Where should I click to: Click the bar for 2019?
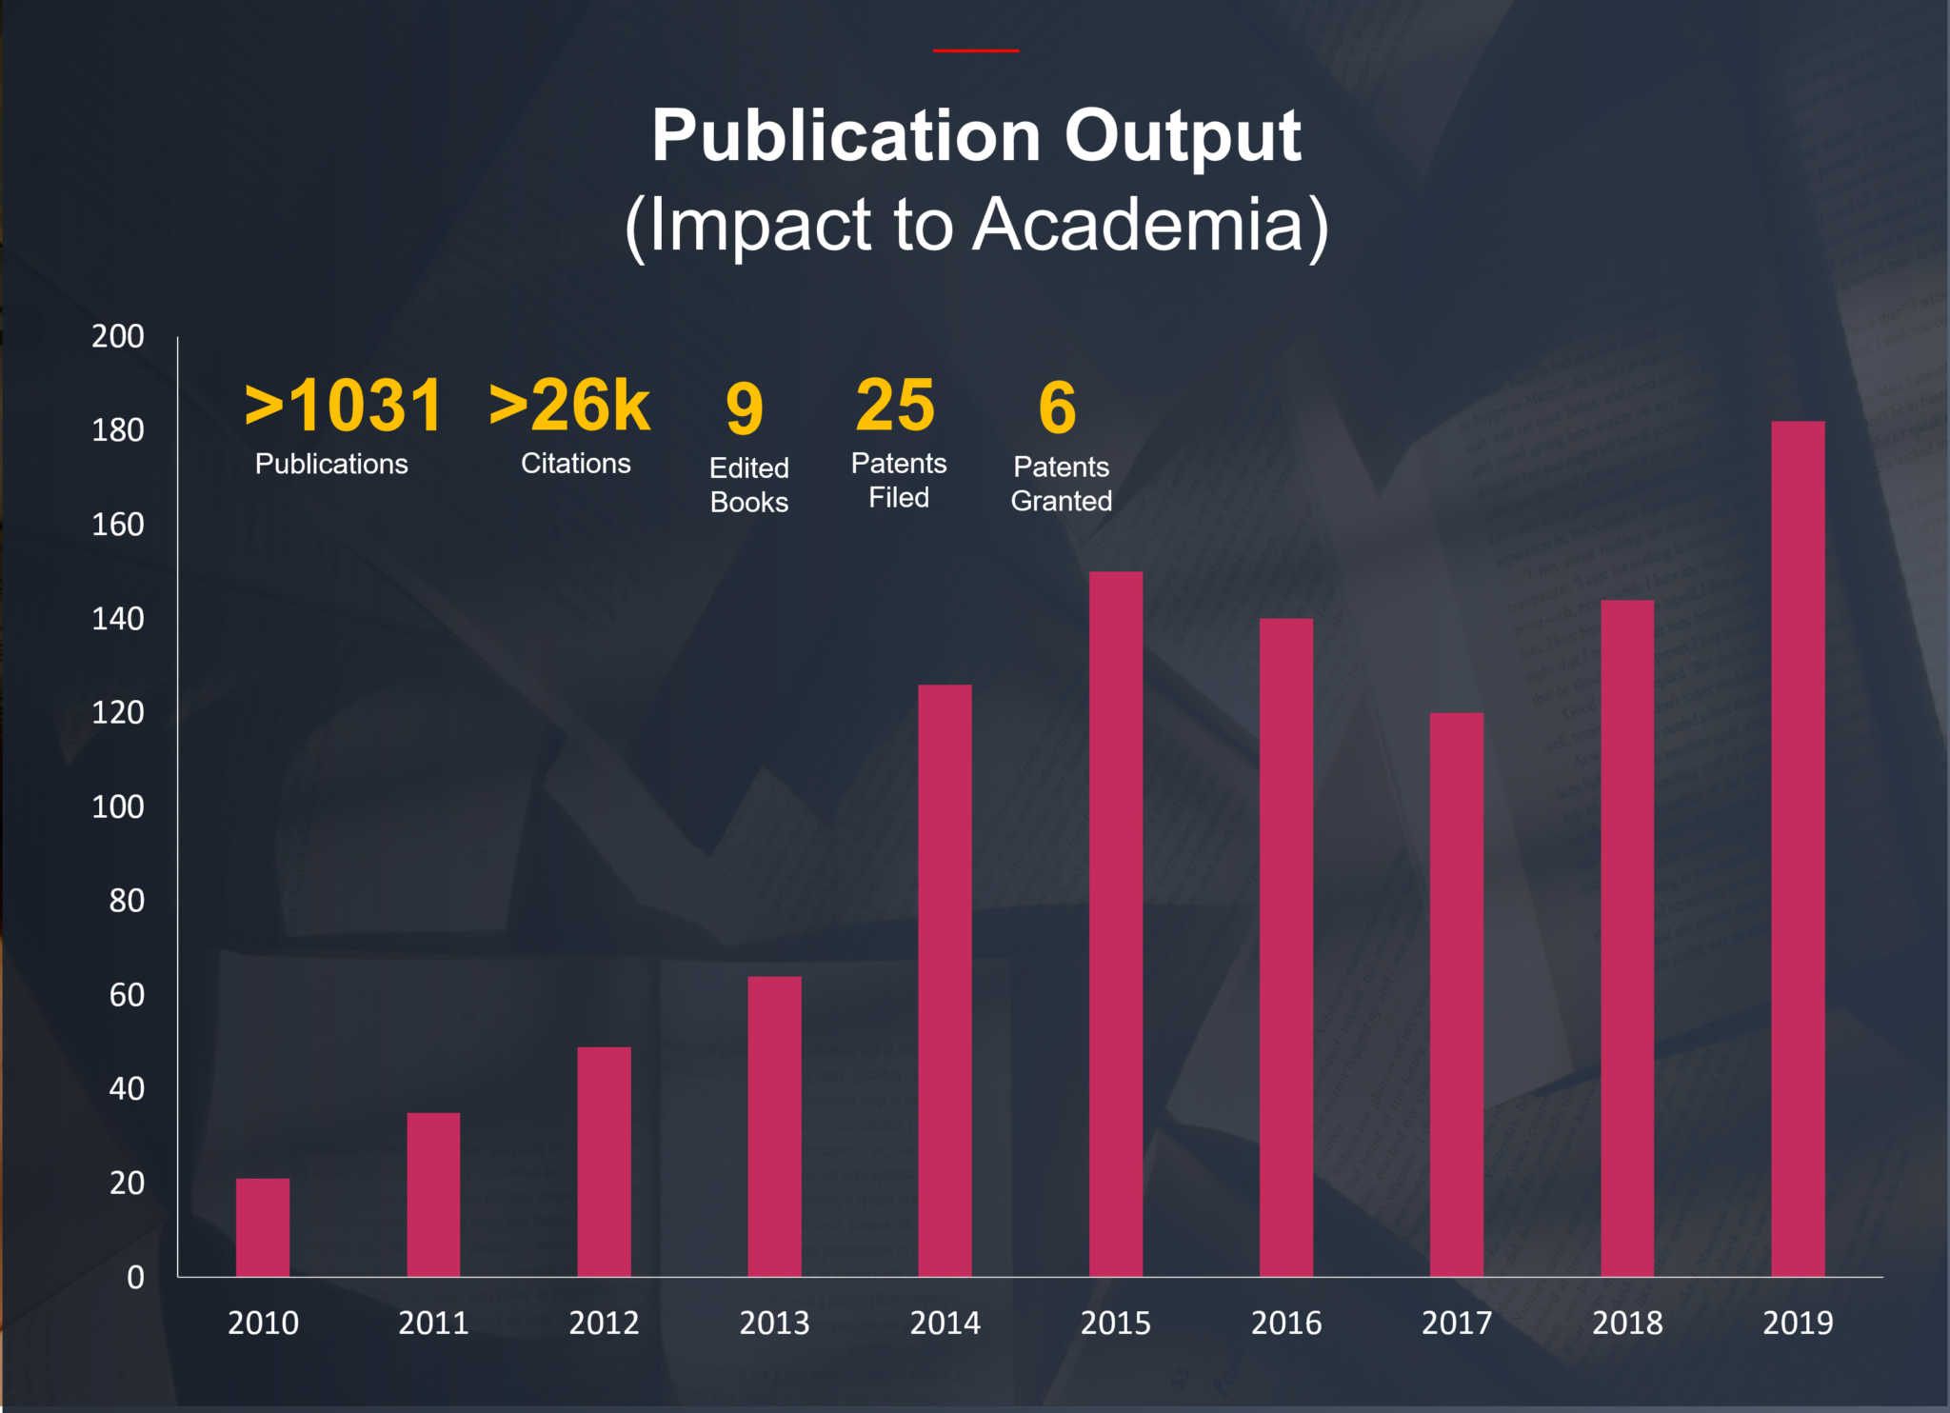[1798, 847]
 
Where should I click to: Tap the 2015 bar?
[1115, 924]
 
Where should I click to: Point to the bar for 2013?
[774, 1125]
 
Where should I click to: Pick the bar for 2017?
[1456, 994]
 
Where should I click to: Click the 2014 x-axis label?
[945, 1323]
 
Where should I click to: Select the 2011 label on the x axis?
[433, 1323]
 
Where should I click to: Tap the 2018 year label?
[1627, 1323]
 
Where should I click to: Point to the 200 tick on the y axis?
[118, 336]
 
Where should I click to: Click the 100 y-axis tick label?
[118, 806]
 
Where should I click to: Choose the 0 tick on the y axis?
[135, 1277]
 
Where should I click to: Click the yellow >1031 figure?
[344, 406]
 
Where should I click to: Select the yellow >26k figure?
[569, 406]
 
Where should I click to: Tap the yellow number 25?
[895, 406]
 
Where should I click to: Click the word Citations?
[575, 464]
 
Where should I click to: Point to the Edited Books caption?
[749, 485]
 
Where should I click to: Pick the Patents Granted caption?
[1061, 484]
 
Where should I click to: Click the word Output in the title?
[1182, 135]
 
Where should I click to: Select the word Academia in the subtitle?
[1139, 225]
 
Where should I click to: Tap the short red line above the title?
[976, 50]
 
